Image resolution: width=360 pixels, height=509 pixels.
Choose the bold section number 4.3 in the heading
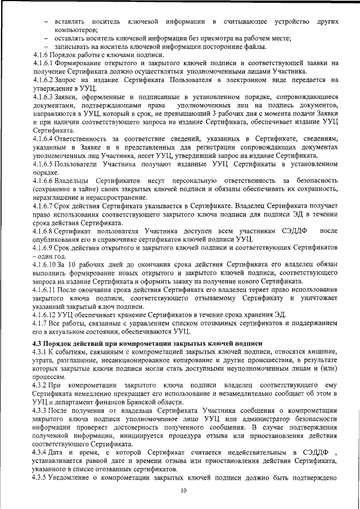[39, 343]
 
